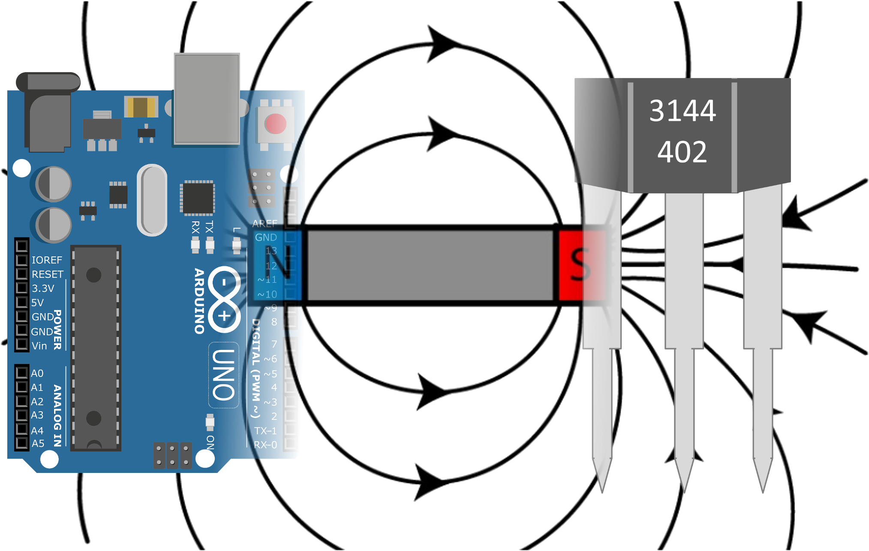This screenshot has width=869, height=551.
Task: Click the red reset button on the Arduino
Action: (x=275, y=124)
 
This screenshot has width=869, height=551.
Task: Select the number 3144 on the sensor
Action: (x=682, y=111)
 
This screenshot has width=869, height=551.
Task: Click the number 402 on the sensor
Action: (x=682, y=152)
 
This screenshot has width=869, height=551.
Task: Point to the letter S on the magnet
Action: (x=580, y=265)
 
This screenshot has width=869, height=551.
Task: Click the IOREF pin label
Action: (x=47, y=260)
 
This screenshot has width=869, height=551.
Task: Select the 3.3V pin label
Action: (x=43, y=288)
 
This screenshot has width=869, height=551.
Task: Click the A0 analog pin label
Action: (x=37, y=373)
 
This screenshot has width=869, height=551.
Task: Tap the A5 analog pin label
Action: (x=38, y=443)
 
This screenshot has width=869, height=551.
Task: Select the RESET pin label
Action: (x=47, y=274)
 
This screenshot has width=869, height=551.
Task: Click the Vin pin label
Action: (x=39, y=346)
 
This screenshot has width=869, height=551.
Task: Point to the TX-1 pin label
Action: (x=265, y=431)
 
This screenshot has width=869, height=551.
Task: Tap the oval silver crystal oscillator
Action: (x=152, y=200)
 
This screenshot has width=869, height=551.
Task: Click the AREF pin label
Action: (x=265, y=223)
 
